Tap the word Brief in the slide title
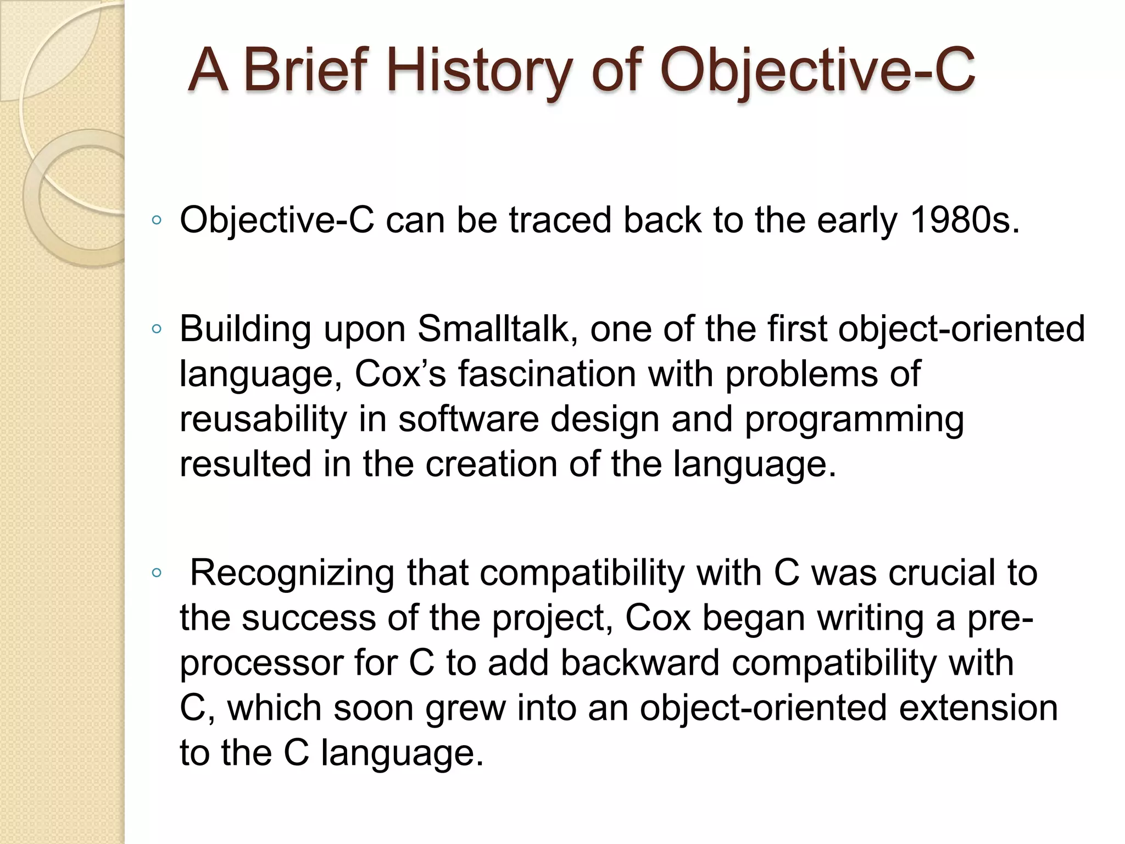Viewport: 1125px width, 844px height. (304, 70)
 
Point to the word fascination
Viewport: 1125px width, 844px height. (547, 375)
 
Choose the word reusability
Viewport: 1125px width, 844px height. (263, 420)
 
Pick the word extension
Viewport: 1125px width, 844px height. (978, 708)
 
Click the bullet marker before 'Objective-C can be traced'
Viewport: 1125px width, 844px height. (157, 221)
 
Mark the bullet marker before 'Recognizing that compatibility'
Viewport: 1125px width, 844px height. (157, 573)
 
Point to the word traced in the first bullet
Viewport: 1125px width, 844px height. (560, 221)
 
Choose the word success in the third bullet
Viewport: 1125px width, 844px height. (309, 618)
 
